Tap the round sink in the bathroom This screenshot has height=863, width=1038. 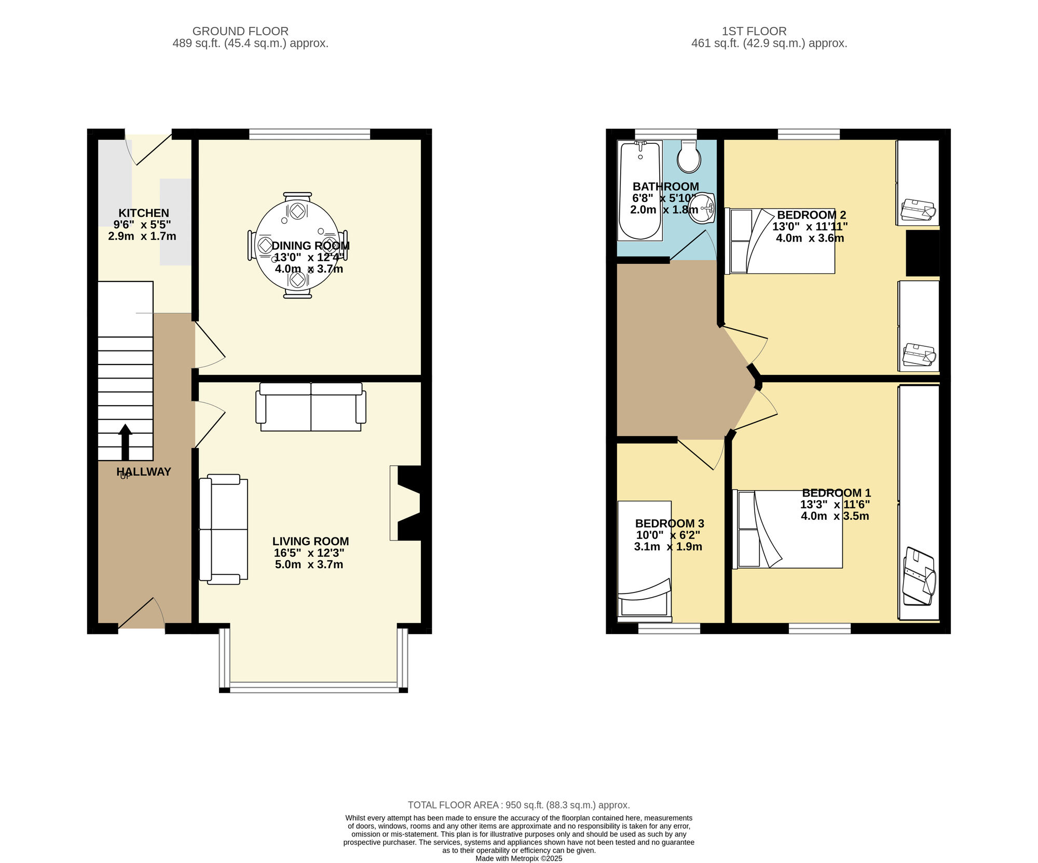pyautogui.click(x=702, y=208)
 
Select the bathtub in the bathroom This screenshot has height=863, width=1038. pyautogui.click(x=640, y=191)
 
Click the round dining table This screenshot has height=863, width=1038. pyautogui.click(x=297, y=245)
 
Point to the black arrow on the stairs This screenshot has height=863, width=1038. pyautogui.click(x=125, y=442)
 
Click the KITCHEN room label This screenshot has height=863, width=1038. pyautogui.click(x=144, y=213)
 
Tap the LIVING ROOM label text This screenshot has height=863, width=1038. pyautogui.click(x=310, y=541)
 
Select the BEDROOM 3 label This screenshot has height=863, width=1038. pyautogui.click(x=670, y=523)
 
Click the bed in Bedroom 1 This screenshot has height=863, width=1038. pyautogui.click(x=787, y=529)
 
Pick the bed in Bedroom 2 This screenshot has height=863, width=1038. pyautogui.click(x=780, y=241)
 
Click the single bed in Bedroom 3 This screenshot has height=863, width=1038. pyautogui.click(x=645, y=561)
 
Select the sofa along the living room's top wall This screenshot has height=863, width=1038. pyautogui.click(x=311, y=407)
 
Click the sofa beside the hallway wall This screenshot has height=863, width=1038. pyautogui.click(x=224, y=529)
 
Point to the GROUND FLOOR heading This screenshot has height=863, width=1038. pyautogui.click(x=240, y=31)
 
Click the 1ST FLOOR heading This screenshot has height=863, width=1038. pyautogui.click(x=754, y=31)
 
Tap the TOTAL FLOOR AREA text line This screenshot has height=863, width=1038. pyautogui.click(x=518, y=805)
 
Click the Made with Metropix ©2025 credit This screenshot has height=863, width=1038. pyautogui.click(x=519, y=858)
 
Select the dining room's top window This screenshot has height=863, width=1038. pyautogui.click(x=310, y=134)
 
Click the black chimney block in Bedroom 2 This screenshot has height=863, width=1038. pyautogui.click(x=923, y=253)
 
